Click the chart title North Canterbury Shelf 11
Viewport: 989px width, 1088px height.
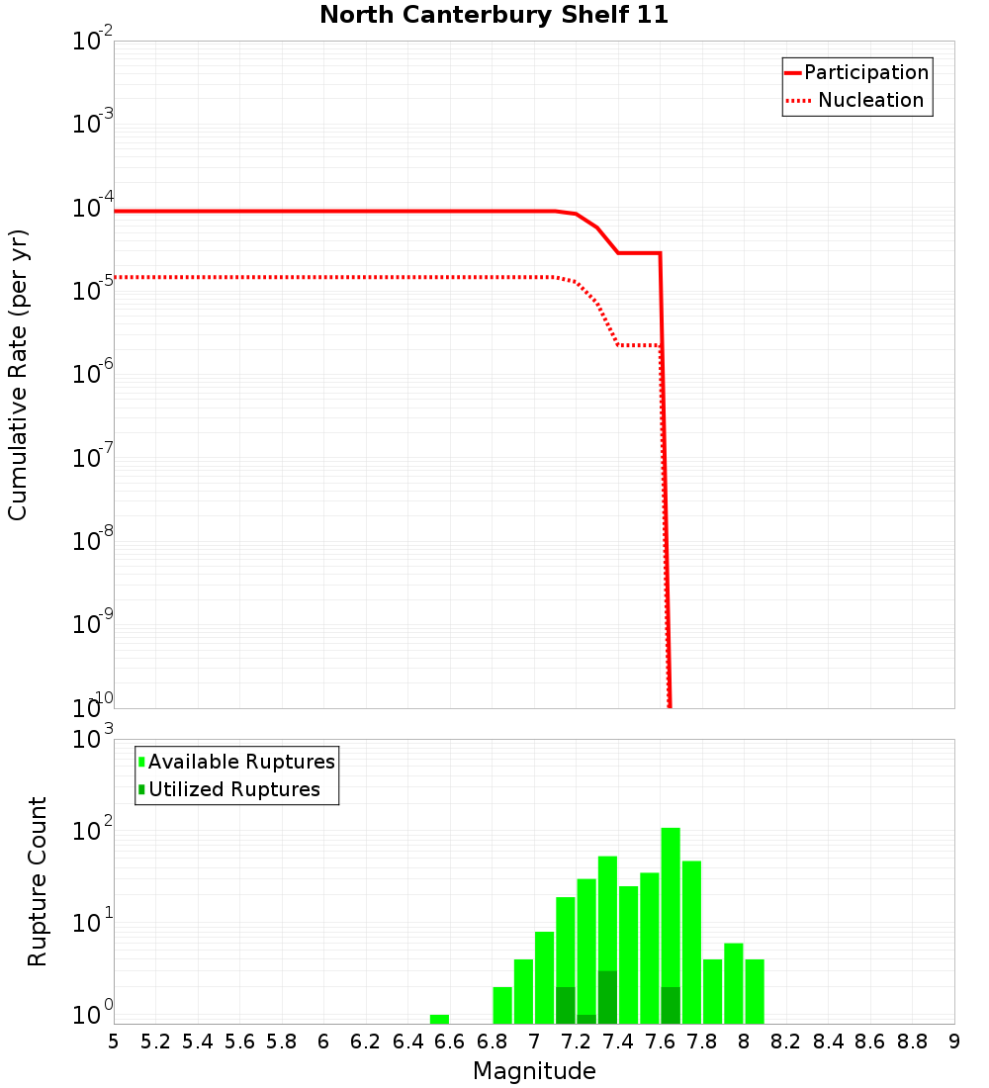[x=494, y=16]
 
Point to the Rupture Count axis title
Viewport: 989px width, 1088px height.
[x=38, y=881]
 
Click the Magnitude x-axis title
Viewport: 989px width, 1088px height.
[x=534, y=1071]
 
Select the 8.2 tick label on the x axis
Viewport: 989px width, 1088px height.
[x=786, y=1042]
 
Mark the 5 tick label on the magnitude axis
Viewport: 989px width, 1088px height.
[x=114, y=1042]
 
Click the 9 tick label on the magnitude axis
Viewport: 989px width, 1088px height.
[x=954, y=1042]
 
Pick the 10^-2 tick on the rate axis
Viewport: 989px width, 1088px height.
[x=93, y=42]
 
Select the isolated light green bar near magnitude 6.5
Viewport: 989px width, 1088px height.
[x=439, y=1019]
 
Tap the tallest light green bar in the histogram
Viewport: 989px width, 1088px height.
[x=671, y=925]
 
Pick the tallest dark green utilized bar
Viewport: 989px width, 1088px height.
[x=607, y=997]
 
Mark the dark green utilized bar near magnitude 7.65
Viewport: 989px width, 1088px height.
[x=671, y=1005]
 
